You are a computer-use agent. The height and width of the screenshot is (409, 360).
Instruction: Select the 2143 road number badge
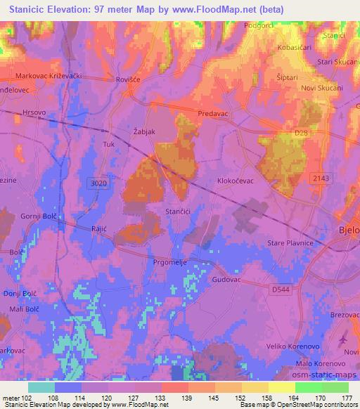click(321, 178)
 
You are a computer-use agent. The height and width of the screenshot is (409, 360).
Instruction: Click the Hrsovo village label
click(33, 112)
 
